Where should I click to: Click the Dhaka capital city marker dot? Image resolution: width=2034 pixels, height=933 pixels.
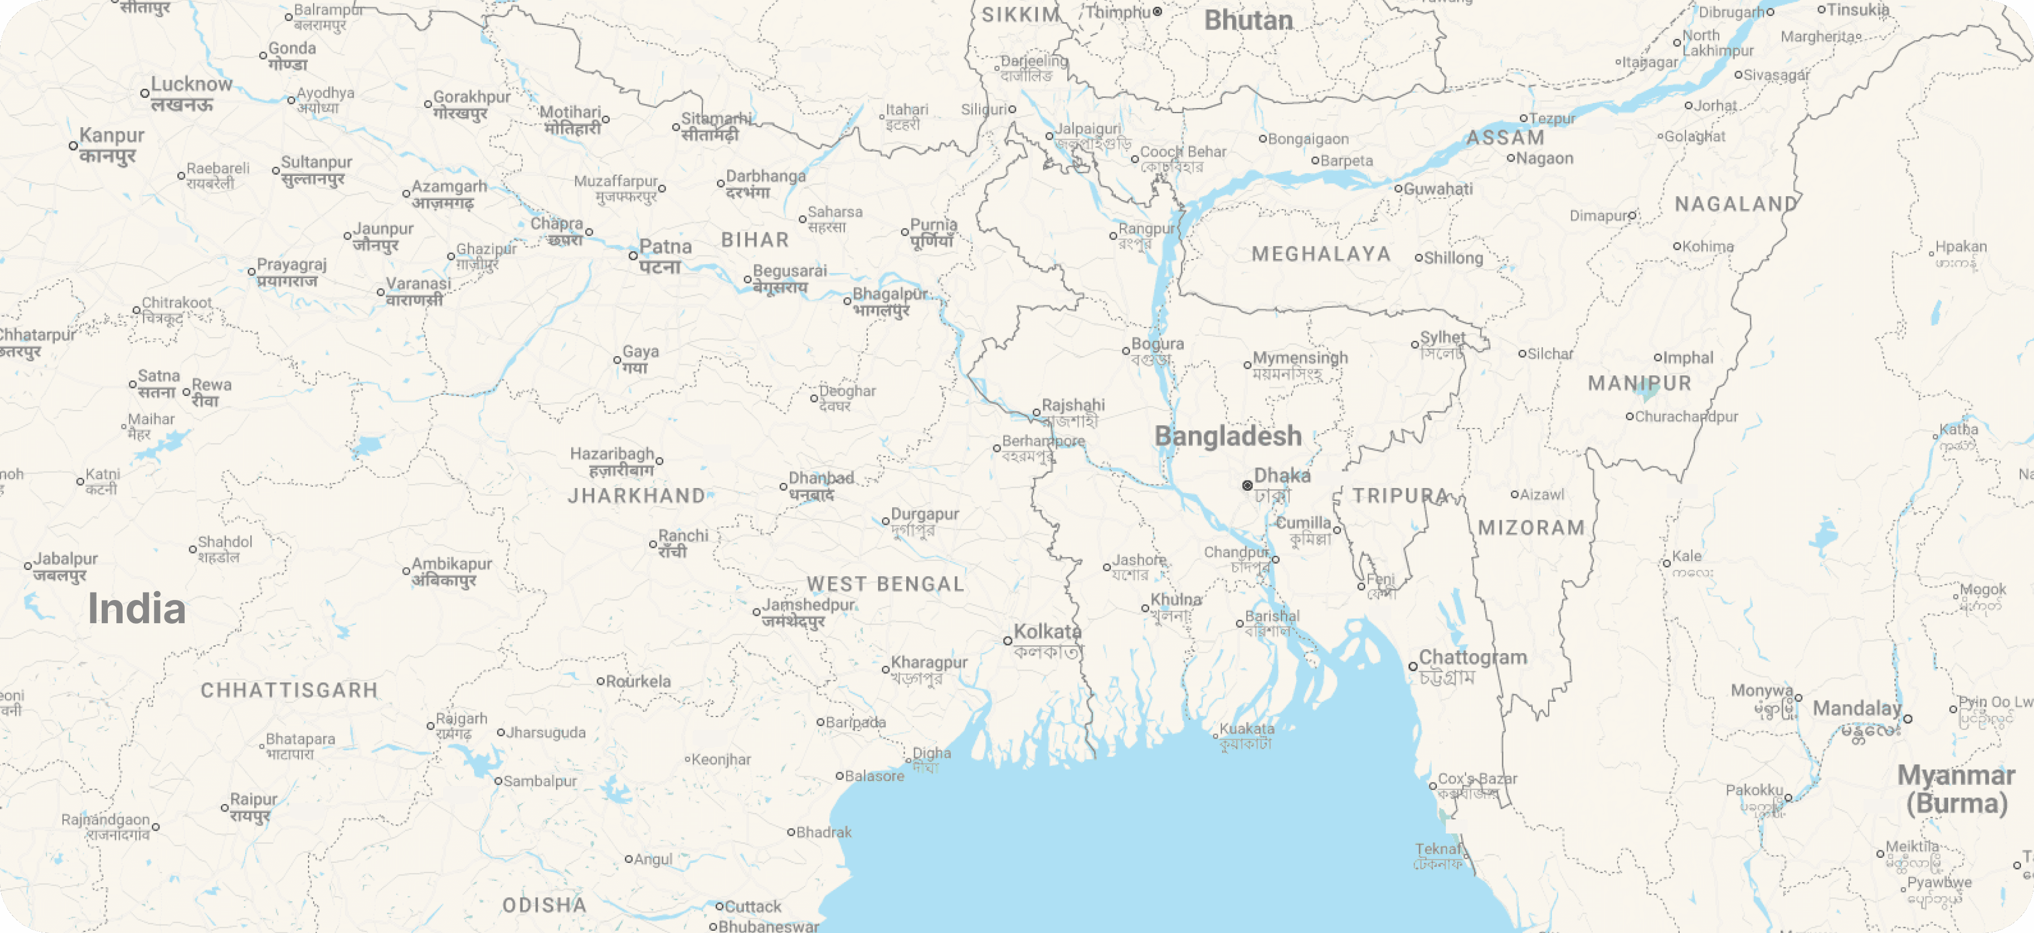pos(1248,485)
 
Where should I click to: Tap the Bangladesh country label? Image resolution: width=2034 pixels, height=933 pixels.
pos(1228,436)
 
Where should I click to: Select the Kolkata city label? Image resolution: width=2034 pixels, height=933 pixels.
pos(1047,632)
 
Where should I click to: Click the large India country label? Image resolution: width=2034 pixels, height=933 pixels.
pos(137,609)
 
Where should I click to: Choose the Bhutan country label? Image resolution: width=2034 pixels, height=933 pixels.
pos(1248,20)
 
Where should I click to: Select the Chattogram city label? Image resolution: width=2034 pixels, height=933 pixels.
pos(1472,657)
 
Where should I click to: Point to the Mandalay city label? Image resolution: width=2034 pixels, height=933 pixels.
pos(1857,709)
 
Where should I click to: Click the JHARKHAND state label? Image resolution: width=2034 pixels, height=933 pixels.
pos(636,496)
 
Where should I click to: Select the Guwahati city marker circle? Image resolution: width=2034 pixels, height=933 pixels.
pos(1398,189)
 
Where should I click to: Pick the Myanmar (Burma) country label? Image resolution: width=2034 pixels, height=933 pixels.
pos(1956,789)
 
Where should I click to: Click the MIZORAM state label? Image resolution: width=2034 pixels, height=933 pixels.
pos(1531,528)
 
